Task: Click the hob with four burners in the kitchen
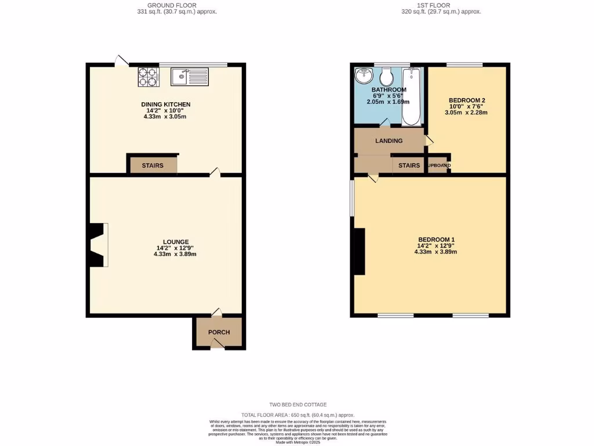tap(148, 77)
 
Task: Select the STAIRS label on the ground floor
tap(153, 166)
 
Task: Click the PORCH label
tap(219, 333)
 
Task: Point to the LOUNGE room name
tap(176, 242)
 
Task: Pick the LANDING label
tap(389, 141)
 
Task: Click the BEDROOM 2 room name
tap(466, 100)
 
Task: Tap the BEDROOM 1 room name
tap(436, 239)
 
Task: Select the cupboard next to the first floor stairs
tap(438, 166)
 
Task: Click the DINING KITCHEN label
tap(166, 105)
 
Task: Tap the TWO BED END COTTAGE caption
tap(298, 405)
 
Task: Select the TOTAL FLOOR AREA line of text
tap(298, 415)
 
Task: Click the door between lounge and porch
tap(216, 313)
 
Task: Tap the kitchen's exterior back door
tap(122, 60)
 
